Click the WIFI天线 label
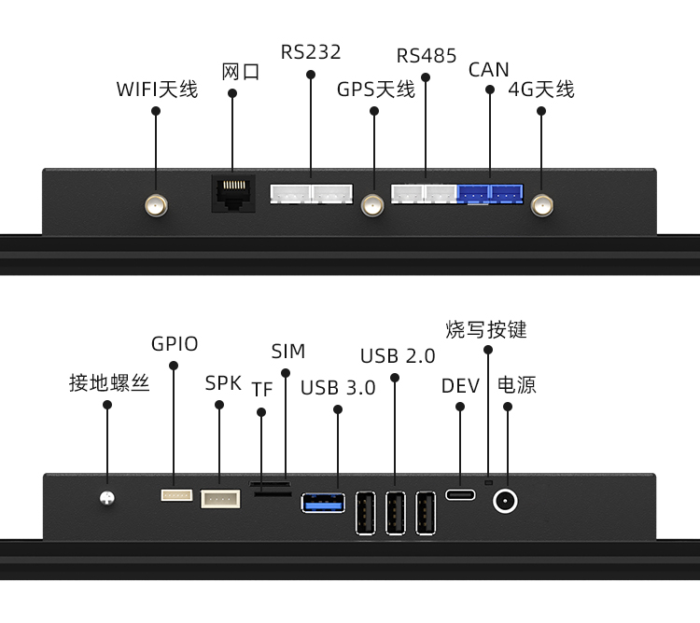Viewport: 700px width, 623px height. tap(157, 90)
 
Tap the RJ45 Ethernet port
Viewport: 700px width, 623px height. tap(233, 193)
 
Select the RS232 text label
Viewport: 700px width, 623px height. tap(311, 51)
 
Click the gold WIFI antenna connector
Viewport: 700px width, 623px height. tap(156, 205)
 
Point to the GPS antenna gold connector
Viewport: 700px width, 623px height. tap(373, 205)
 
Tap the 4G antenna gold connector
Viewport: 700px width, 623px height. tap(541, 205)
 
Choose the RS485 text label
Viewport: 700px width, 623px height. tap(427, 56)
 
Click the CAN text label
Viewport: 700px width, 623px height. tap(489, 70)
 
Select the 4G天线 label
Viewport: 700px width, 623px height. tap(541, 90)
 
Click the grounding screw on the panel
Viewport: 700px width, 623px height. tap(107, 500)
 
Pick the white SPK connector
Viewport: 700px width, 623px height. tap(220, 499)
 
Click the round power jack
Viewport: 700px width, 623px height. tap(506, 501)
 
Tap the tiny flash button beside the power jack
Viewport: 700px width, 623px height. tap(487, 483)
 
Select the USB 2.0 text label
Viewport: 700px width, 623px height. tap(398, 356)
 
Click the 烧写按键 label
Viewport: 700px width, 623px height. tap(486, 329)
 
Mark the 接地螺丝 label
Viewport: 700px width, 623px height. tap(109, 383)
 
